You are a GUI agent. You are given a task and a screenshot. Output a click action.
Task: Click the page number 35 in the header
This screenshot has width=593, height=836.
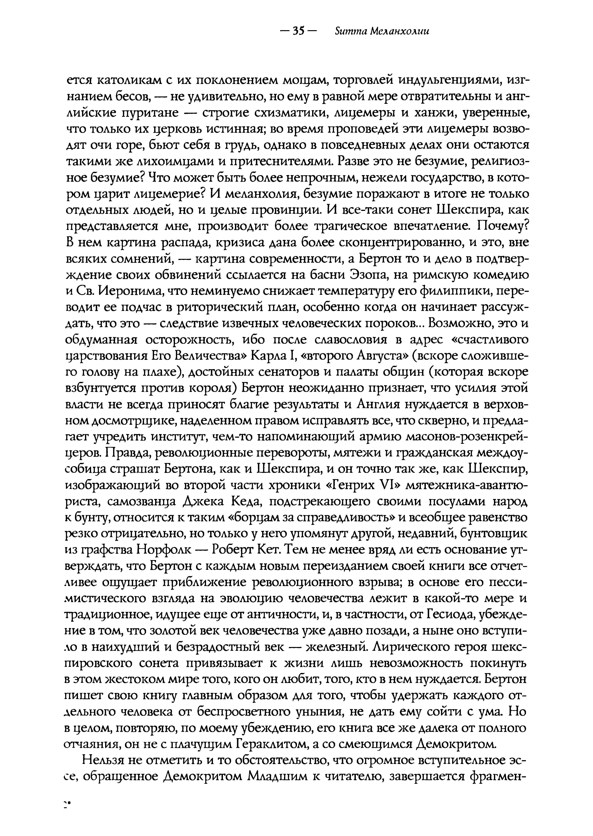[x=298, y=32]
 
